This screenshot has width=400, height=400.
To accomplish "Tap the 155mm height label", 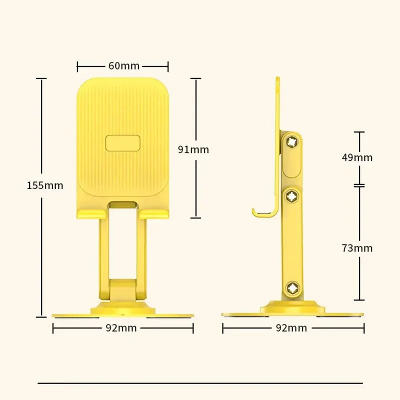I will click(45, 185).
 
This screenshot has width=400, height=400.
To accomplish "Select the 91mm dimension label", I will click(193, 149).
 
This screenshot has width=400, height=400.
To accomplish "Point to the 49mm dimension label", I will click(357, 157).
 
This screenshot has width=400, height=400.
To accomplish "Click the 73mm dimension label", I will click(357, 247).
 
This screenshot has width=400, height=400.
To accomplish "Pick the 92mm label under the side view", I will click(291, 328).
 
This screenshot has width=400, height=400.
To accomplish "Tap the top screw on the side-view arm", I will click(291, 142).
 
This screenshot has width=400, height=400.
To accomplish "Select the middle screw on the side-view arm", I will click(291, 197).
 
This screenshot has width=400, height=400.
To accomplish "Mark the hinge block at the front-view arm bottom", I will click(123, 290).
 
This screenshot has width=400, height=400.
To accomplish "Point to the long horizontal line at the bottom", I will click(200, 383).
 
